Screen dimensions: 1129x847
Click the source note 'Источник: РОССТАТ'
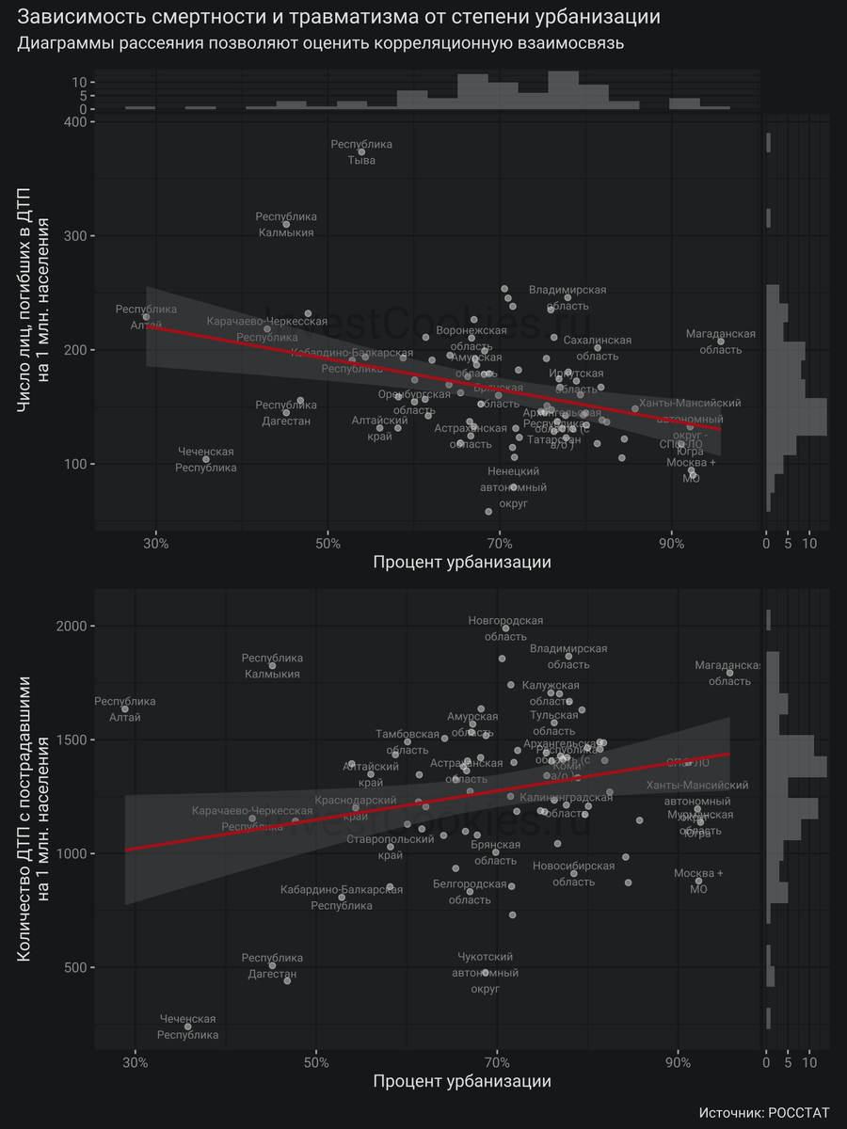tap(764, 1112)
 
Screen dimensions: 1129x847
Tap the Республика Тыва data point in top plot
tap(361, 151)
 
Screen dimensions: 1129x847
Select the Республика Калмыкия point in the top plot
tap(286, 224)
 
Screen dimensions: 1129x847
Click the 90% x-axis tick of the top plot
tap(671, 543)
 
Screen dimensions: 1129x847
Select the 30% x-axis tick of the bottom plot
tap(136, 1062)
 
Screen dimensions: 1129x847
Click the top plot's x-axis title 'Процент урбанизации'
tap(461, 563)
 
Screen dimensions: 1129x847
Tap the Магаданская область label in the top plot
tap(721, 342)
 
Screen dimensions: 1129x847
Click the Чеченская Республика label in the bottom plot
tap(187, 1026)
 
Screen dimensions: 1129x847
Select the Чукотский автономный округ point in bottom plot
tap(486, 972)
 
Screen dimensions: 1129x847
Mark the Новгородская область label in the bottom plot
tap(505, 628)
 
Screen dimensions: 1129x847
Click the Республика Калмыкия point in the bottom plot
tap(272, 665)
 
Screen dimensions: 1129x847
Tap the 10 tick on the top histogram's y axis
tap(82, 82)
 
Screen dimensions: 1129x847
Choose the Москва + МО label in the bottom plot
tap(698, 881)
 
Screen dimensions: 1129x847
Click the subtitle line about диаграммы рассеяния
tap(321, 44)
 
